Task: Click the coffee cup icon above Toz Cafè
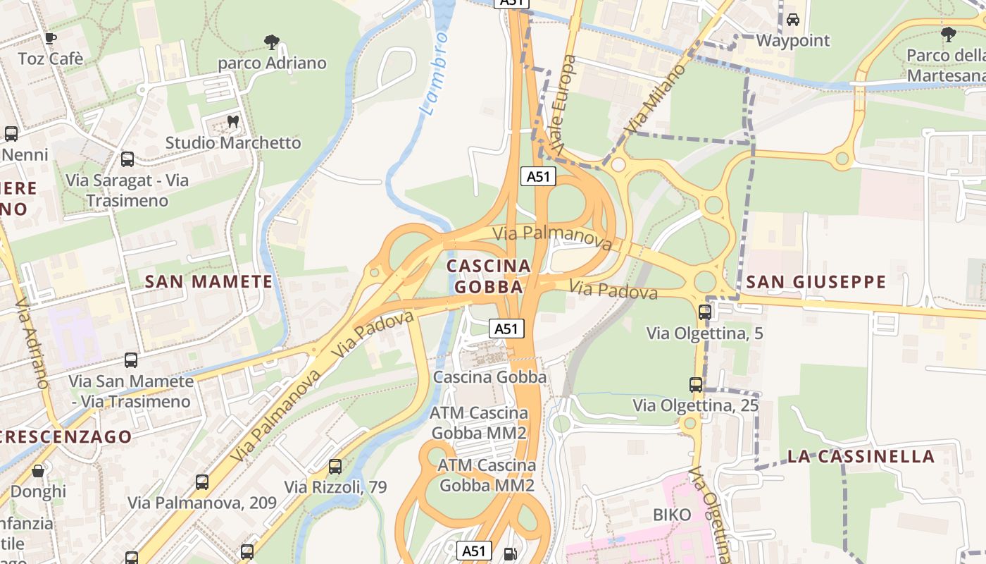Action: point(50,38)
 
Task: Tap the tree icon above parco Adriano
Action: point(271,42)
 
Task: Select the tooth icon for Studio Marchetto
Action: point(233,122)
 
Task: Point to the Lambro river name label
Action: point(434,73)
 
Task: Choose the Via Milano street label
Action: point(656,99)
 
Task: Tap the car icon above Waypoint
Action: point(793,20)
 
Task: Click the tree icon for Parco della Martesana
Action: point(948,34)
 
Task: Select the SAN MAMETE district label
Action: point(208,282)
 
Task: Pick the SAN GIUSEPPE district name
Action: point(816,282)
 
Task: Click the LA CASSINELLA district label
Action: point(861,456)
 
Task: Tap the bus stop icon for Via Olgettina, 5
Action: point(705,312)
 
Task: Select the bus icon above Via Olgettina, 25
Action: point(696,385)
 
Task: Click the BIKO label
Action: point(672,515)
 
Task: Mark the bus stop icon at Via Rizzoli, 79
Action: point(335,467)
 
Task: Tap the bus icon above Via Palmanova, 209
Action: point(202,482)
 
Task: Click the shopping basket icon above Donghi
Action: point(38,470)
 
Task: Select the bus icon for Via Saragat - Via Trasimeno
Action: point(127,159)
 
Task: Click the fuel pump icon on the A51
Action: point(509,554)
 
